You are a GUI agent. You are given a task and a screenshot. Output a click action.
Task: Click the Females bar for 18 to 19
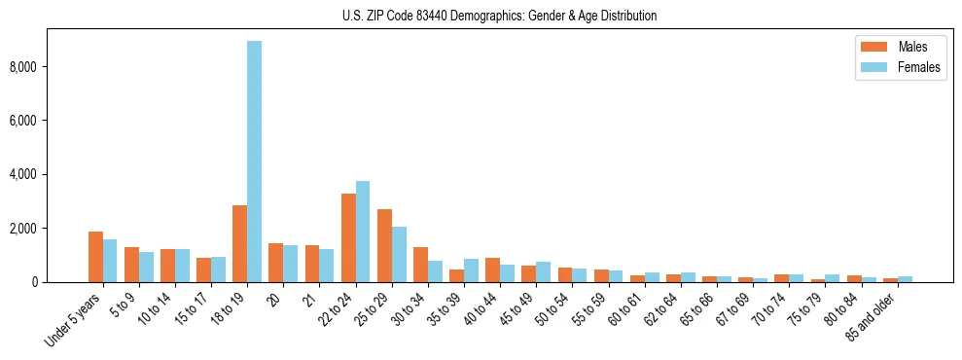point(254,162)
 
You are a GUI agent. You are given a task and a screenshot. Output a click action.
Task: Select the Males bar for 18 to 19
point(239,243)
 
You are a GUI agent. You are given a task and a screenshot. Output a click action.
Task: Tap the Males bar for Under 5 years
point(95,257)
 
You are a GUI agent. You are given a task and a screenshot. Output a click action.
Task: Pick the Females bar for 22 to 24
point(363,232)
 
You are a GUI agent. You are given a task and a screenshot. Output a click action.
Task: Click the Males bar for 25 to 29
point(384,245)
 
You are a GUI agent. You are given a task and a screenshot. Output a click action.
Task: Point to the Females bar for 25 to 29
point(399,254)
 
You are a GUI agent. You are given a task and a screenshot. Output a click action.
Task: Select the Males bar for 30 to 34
point(420,265)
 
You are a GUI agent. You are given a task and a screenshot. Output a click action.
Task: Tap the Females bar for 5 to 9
point(146,267)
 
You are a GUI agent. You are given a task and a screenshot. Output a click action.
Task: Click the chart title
point(499,16)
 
